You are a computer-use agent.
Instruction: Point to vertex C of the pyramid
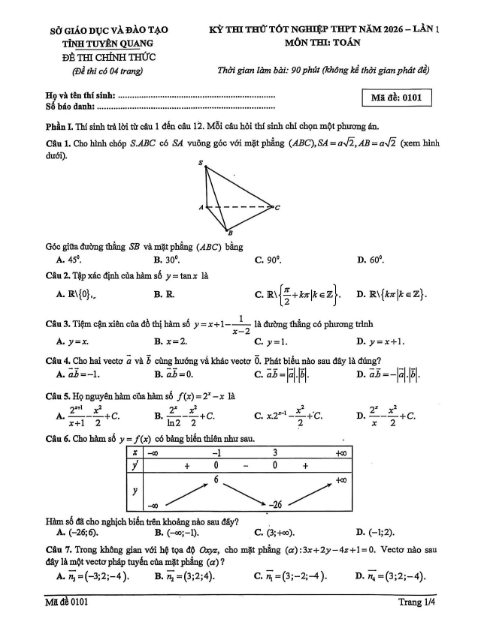click(277, 207)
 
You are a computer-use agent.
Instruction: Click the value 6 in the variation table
click(216, 479)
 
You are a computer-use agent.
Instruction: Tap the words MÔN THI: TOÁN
click(322, 43)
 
